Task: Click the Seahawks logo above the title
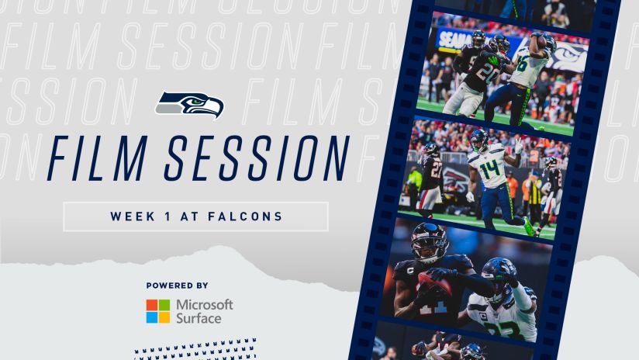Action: [189, 105]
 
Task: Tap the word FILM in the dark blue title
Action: [98, 158]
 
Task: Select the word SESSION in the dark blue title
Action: [257, 158]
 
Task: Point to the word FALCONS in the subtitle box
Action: [245, 216]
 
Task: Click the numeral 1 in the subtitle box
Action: [168, 216]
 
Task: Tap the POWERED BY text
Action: [178, 286]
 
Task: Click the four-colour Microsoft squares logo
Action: [158, 311]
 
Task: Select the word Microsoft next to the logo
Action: [205, 305]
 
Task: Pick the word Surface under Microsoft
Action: [199, 318]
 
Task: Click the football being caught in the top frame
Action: [541, 42]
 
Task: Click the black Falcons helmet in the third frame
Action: [429, 242]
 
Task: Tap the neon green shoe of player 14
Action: [529, 226]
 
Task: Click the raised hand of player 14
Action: [517, 146]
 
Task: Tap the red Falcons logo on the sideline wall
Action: [456, 178]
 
